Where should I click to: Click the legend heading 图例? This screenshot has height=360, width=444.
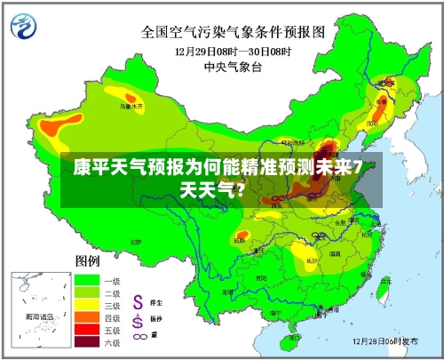tap(87, 261)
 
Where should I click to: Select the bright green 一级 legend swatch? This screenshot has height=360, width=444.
tap(87, 280)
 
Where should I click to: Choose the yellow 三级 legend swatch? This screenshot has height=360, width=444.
tap(87, 304)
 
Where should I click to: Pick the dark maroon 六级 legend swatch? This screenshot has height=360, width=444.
tap(87, 340)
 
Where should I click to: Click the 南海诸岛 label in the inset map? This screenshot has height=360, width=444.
tap(38, 316)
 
